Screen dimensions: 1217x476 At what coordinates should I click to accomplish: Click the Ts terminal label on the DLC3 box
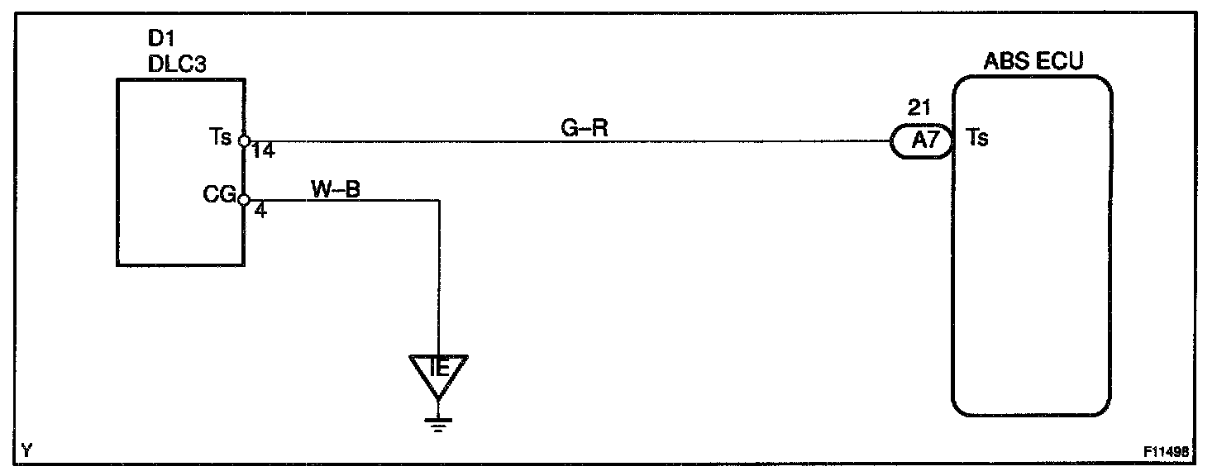[x=222, y=137]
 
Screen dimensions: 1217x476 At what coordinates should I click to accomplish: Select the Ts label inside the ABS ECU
[x=977, y=139]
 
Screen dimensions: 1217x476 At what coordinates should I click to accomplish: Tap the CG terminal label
[x=219, y=197]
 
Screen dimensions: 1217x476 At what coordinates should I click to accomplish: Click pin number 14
[x=263, y=151]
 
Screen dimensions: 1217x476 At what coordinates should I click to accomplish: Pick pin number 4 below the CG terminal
[x=260, y=211]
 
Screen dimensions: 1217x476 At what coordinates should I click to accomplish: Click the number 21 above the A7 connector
[x=919, y=108]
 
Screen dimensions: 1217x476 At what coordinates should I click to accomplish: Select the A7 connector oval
[x=922, y=141]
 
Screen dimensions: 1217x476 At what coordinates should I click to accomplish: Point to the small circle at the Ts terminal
[x=244, y=141]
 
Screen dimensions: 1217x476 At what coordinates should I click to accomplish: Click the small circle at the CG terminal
[x=244, y=200]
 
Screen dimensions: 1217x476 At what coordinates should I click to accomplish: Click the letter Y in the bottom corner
[x=27, y=450]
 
